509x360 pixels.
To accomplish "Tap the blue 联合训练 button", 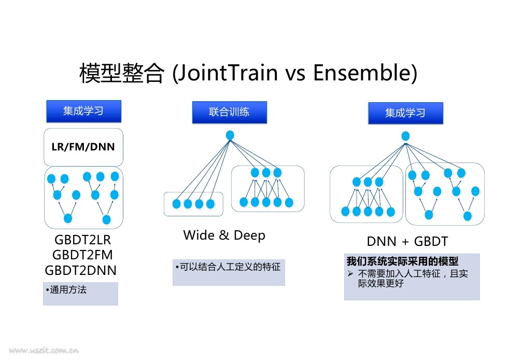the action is point(230,112).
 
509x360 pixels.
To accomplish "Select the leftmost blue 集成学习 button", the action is point(84,111).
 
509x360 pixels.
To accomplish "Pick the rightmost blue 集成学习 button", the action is point(405,113).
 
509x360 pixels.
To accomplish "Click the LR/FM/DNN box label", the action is point(83,147).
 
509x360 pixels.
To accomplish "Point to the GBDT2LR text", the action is point(83,240).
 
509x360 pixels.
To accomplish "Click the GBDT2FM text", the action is point(82,255).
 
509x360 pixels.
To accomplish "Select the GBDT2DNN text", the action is point(80,270).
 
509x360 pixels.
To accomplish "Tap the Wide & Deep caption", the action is point(224,235).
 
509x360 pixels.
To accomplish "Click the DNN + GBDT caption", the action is point(407,241).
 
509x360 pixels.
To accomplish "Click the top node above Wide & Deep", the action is point(230,135).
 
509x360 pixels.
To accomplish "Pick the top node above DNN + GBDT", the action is point(405,136).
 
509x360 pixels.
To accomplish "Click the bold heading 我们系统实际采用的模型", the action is point(402,261).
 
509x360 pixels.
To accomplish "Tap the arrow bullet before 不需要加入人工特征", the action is point(350,273).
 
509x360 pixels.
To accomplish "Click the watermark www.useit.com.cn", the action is point(44,350).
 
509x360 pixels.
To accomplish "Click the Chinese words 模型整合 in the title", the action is point(122,73).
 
